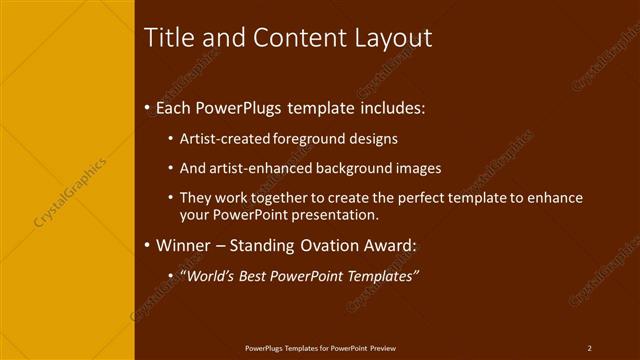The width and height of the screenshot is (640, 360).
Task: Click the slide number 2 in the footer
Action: point(589,347)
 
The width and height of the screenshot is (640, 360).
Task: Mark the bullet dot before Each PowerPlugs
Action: point(148,106)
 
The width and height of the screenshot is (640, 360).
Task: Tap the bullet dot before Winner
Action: point(148,245)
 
